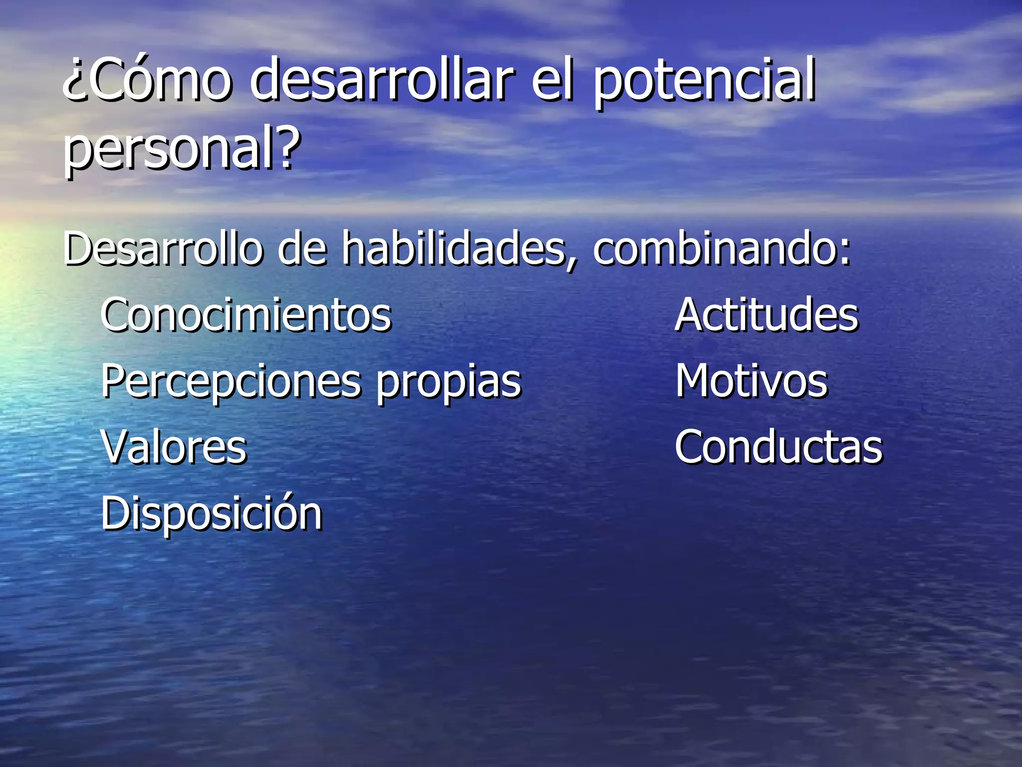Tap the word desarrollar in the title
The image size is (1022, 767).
(382, 80)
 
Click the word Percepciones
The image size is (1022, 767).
(231, 382)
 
